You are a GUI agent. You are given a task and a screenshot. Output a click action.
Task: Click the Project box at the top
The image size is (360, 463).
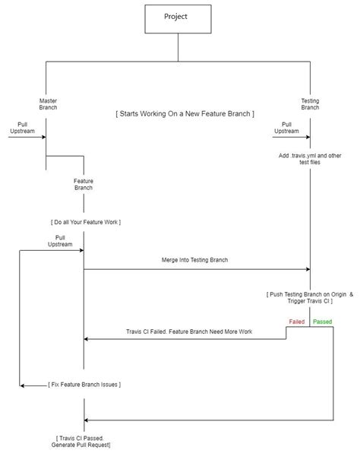pos(177,17)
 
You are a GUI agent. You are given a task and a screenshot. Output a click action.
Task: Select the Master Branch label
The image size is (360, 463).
pos(48,103)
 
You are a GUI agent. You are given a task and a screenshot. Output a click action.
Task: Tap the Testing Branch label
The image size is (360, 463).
pos(310,103)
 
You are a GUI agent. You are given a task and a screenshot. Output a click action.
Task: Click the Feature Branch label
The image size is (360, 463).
pos(84,184)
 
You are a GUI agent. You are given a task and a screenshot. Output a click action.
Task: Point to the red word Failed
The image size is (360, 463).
pos(297,322)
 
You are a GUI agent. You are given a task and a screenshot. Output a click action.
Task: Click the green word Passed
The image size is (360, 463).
pos(323,322)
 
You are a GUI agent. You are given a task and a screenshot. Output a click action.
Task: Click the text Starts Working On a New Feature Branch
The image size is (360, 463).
pos(185,113)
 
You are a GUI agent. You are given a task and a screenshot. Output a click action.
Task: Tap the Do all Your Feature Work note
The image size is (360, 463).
pos(85,222)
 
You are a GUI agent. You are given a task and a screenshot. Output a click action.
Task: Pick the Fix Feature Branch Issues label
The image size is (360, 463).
pos(84,385)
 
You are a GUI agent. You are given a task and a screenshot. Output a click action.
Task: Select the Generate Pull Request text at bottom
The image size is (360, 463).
pos(84,444)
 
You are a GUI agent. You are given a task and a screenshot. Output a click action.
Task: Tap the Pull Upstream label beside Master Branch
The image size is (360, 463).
pos(21,127)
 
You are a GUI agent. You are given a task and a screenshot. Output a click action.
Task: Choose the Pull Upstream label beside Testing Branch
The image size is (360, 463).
pos(286,127)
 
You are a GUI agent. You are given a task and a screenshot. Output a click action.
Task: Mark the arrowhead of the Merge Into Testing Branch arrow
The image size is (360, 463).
pos(308,269)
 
